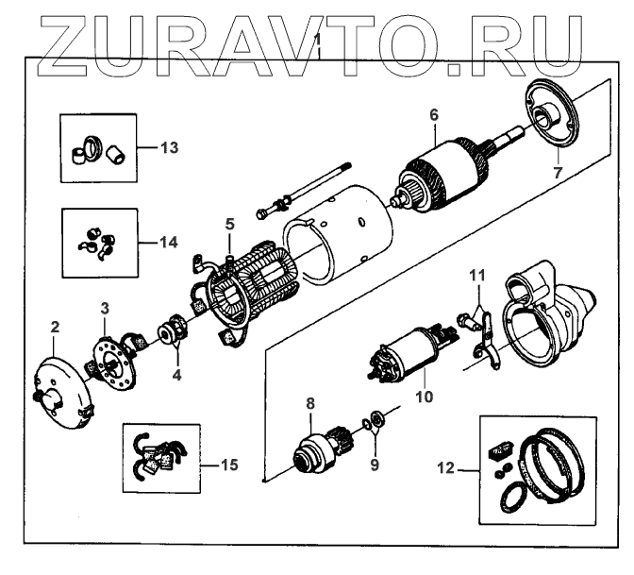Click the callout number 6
(433, 115)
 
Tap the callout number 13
(169, 148)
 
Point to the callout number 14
(168, 242)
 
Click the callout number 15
(228, 465)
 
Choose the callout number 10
(425, 397)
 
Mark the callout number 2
(55, 328)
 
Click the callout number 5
(228, 224)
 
